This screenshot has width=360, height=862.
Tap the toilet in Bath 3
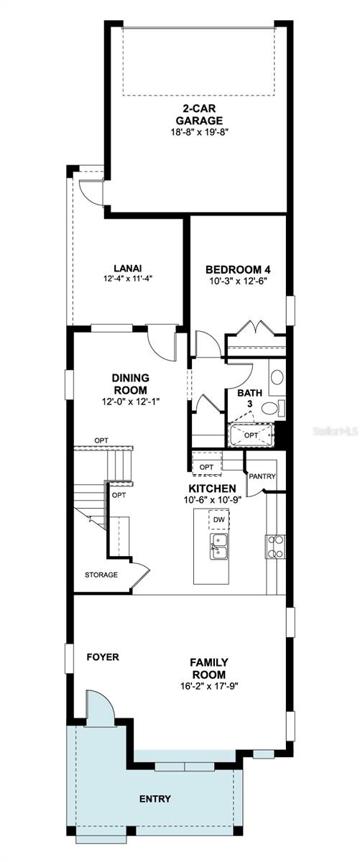271,408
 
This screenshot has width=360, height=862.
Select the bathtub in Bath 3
251,435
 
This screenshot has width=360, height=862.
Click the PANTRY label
262,476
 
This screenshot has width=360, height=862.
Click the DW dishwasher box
219,519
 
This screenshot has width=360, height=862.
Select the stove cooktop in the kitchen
275,547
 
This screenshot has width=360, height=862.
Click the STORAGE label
101,575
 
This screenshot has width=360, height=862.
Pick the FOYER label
103,657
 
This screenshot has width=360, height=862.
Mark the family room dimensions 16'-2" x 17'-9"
208,685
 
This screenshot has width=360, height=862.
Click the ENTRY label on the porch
155,799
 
